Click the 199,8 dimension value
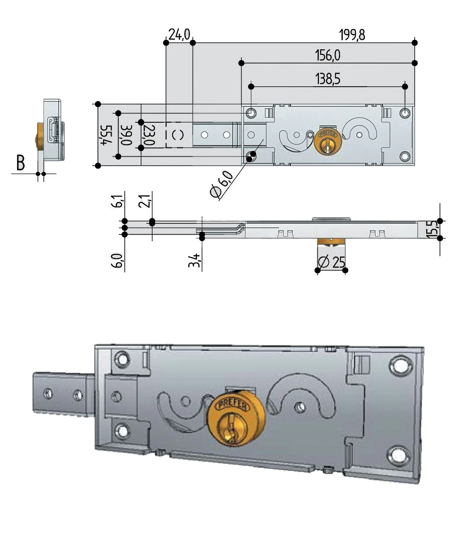coord(352,35)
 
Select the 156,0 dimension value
coord(328,55)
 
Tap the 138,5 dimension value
coord(328,79)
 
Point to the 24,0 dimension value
coord(179,34)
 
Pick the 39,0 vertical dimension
coord(126,135)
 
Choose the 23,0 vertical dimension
coord(149,135)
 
